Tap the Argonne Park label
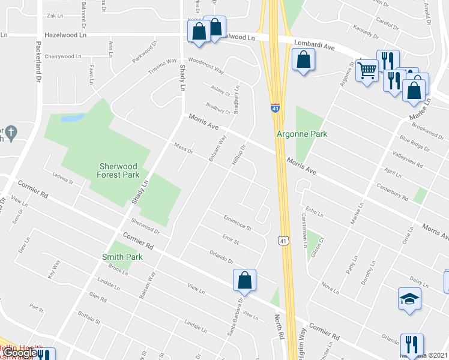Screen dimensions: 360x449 click(302, 134)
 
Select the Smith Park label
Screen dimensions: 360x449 click(122, 257)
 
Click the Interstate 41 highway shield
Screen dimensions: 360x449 click(275, 108)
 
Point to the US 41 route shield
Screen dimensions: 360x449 click(283, 240)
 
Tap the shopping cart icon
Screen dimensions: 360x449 click(366, 71)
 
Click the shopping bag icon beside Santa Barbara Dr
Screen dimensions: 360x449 click(244, 280)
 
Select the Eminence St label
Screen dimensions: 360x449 click(237, 224)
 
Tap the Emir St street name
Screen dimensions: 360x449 click(231, 241)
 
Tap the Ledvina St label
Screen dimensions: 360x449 click(62, 179)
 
